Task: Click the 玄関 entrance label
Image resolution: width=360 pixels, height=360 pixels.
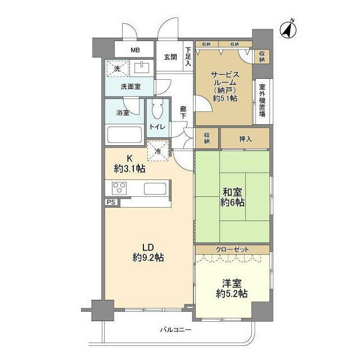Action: (x=171, y=56)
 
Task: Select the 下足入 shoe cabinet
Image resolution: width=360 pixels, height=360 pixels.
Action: (x=188, y=57)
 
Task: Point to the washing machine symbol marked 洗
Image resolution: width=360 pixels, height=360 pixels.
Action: (x=117, y=69)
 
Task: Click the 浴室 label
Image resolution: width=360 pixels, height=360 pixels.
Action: (x=123, y=112)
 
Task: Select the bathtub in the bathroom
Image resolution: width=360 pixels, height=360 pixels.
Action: (x=124, y=136)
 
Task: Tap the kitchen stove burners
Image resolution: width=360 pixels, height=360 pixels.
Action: (x=119, y=188)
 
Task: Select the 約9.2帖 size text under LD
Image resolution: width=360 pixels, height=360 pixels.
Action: (x=148, y=258)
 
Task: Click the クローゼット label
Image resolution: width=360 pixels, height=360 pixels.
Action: (x=232, y=249)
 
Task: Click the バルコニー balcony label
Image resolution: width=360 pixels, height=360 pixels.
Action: (x=175, y=330)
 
